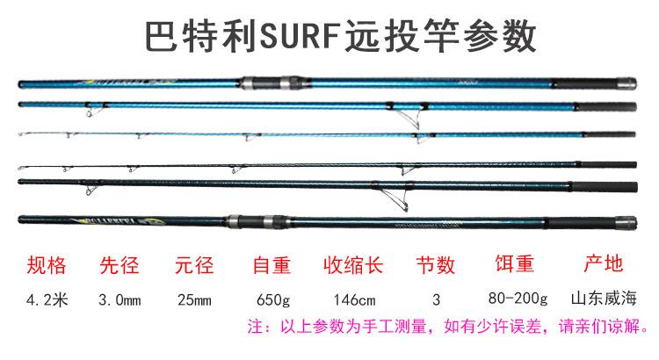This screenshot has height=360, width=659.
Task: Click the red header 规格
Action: (x=48, y=264)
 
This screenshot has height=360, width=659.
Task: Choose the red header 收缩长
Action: (x=350, y=264)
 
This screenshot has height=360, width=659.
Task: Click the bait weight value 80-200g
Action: (x=518, y=299)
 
